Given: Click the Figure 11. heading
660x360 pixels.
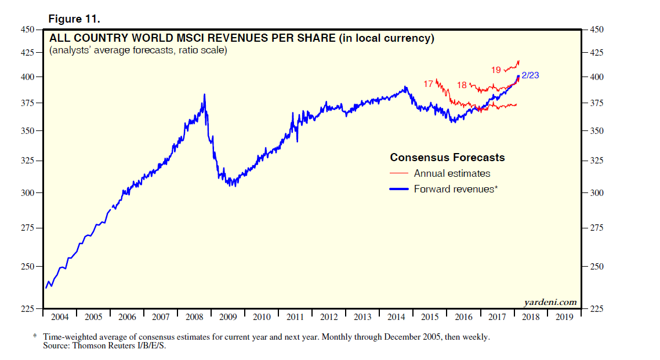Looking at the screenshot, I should pos(74,19).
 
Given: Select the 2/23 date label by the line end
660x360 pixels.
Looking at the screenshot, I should pos(533,75).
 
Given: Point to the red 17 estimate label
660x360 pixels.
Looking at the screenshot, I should pos(428,84).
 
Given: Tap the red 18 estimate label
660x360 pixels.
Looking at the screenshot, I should pos(462,85).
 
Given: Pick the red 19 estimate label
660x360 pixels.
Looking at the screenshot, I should pos(496,70).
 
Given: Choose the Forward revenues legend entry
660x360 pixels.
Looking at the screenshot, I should pos(456,189).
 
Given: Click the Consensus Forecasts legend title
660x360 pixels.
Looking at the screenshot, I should pos(447,158).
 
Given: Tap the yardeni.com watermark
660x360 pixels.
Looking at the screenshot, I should pos(550,301).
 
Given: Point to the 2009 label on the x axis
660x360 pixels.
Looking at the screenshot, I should pos(228,317).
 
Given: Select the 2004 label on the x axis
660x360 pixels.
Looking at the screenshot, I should pos(60,317).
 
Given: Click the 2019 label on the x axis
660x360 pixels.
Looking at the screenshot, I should pos(564,317).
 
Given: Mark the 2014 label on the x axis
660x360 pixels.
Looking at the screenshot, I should pos(396,317).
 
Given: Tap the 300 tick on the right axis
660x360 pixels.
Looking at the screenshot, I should pos(597,193).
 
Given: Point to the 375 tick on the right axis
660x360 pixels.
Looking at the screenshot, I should pos(597,103).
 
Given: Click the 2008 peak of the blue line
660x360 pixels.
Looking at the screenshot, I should pos(204,94).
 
